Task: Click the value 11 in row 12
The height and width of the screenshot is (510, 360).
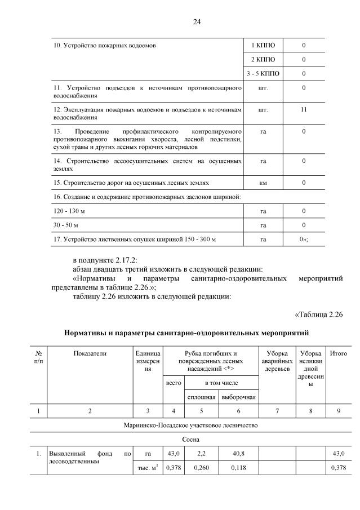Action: click(x=304, y=109)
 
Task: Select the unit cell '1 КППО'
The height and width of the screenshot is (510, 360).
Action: click(x=263, y=45)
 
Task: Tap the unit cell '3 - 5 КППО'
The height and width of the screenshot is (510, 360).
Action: click(x=263, y=74)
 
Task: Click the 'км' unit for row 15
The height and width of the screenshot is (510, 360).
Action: click(x=263, y=183)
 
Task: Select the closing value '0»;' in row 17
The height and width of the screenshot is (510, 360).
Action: click(x=304, y=240)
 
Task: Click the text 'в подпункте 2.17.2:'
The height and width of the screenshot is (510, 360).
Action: click(x=101, y=259)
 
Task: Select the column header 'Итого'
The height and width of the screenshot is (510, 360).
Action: click(x=338, y=353)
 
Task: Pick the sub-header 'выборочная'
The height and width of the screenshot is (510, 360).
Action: click(x=238, y=397)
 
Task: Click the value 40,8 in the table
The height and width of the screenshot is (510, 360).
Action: click(x=238, y=454)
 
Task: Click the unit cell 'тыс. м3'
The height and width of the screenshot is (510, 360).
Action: click(x=148, y=468)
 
